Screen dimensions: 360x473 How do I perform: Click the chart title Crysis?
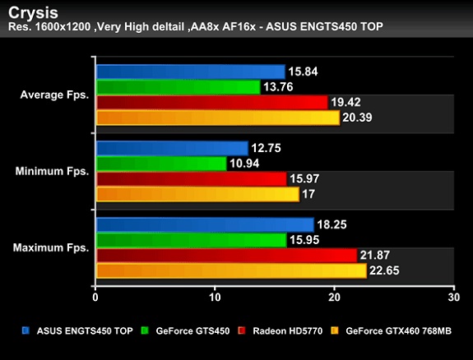(x=30, y=12)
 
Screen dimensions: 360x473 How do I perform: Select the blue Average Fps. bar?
(x=190, y=72)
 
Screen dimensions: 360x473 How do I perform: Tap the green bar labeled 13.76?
(x=178, y=87)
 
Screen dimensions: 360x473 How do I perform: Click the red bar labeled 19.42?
(x=211, y=103)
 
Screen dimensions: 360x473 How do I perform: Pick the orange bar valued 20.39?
(x=217, y=118)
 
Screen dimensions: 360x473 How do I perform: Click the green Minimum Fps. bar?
(x=161, y=164)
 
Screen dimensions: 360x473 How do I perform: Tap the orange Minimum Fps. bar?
(x=197, y=195)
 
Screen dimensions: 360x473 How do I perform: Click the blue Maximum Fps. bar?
(x=205, y=224)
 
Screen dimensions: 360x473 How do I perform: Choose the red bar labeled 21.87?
(x=226, y=256)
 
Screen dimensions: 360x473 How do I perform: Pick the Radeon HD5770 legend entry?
(x=280, y=331)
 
